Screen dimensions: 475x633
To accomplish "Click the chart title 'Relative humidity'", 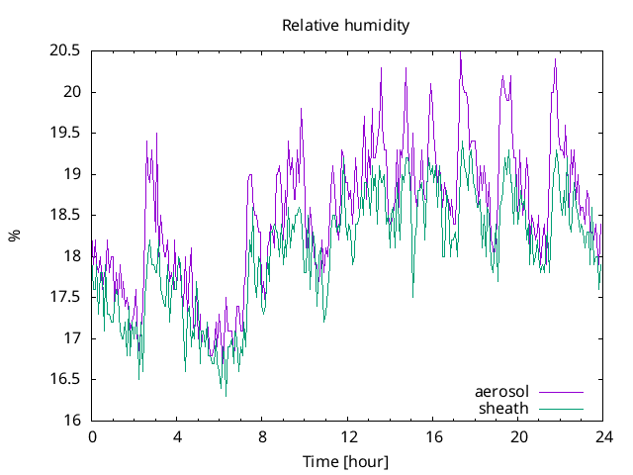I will pyautogui.click(x=345, y=25).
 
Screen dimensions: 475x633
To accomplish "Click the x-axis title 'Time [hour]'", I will pyautogui.click(x=345, y=462).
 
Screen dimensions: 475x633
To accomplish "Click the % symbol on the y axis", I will pyautogui.click(x=14, y=236).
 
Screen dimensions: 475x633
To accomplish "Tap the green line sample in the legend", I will pyautogui.click(x=561, y=409).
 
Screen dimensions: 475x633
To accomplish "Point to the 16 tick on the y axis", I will pyautogui.click(x=73, y=421).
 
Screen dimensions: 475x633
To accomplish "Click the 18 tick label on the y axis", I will pyautogui.click(x=73, y=256).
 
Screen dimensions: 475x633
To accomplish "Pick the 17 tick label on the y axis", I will pyautogui.click(x=73, y=338).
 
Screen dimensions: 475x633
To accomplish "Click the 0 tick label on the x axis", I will pyautogui.click(x=92, y=436).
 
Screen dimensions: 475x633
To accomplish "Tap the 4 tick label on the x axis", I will pyautogui.click(x=177, y=436).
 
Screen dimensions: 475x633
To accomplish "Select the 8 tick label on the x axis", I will pyautogui.click(x=262, y=436).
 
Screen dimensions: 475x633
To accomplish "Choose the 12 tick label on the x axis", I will pyautogui.click(x=348, y=436).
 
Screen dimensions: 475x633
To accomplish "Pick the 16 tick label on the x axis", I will pyautogui.click(x=433, y=436).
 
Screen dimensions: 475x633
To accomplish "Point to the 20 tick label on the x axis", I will pyautogui.click(x=518, y=436).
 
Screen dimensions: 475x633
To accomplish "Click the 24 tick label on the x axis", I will pyautogui.click(x=603, y=436).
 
